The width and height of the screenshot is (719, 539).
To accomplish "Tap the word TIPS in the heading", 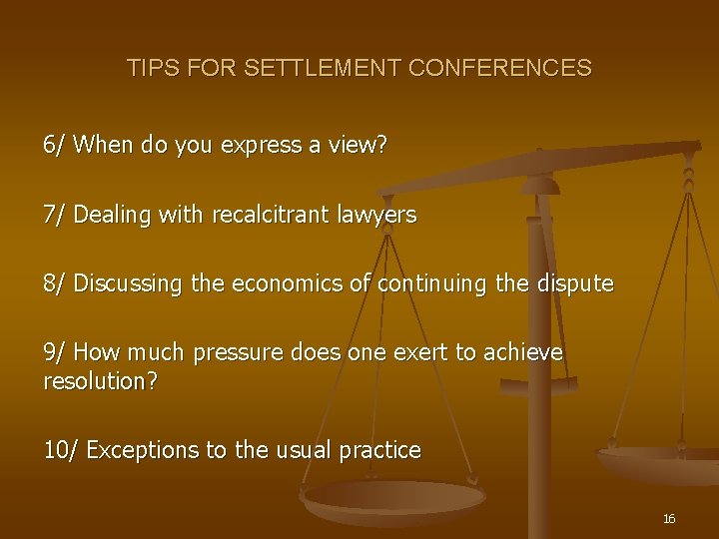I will click(150, 69).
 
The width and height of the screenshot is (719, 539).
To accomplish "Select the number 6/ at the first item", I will click(54, 145).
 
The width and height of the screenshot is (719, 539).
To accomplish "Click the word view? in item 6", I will click(359, 145).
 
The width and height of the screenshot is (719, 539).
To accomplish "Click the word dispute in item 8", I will click(576, 284).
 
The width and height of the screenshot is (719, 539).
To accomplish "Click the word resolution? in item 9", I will click(100, 380).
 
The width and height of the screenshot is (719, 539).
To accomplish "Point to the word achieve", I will click(523, 353).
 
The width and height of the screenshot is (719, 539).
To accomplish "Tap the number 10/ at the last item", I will click(60, 450).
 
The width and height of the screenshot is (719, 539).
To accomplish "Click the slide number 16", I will click(669, 519).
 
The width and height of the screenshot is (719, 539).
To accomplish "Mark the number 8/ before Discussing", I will click(54, 284).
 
